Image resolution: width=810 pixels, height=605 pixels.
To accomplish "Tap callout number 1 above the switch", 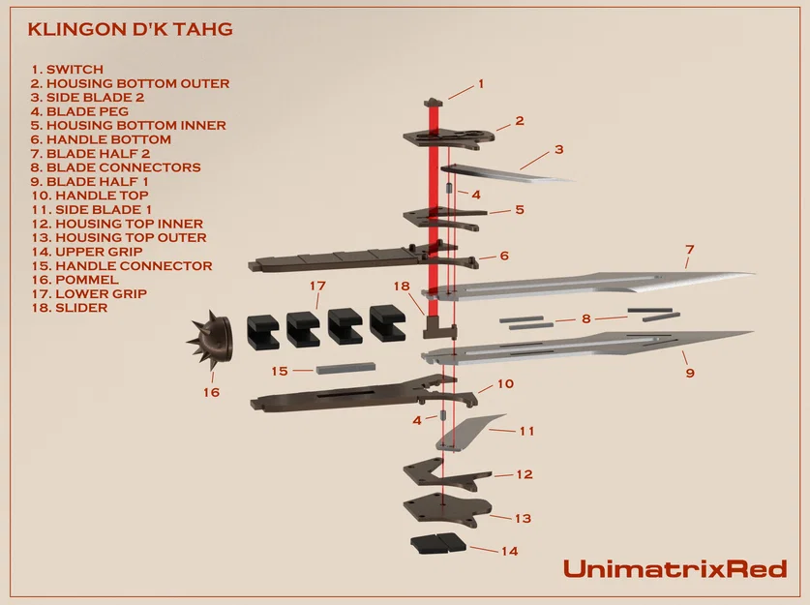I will (481, 84).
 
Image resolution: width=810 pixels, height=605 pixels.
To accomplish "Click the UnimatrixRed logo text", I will (675, 568).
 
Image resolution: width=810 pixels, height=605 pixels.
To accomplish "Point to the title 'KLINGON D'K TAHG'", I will (130, 29).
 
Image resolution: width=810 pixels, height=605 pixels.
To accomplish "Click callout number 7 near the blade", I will (689, 250).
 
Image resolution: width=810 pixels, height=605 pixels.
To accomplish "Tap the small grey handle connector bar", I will (344, 369).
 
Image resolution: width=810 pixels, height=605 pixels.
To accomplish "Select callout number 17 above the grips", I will (317, 287).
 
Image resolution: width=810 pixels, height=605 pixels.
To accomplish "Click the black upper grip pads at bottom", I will (438, 543).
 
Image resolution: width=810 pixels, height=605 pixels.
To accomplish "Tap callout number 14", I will (509, 551).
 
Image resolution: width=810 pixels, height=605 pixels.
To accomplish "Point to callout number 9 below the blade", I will (689, 372).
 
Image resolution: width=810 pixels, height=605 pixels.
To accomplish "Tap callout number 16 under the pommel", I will (211, 392).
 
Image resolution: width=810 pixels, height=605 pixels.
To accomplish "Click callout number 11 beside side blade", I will (527, 431).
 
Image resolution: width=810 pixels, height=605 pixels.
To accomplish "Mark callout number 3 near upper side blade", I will (558, 150).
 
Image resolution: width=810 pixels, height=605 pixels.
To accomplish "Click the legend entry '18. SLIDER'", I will (68, 308).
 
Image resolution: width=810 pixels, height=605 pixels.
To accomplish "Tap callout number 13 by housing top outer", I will (523, 519).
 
